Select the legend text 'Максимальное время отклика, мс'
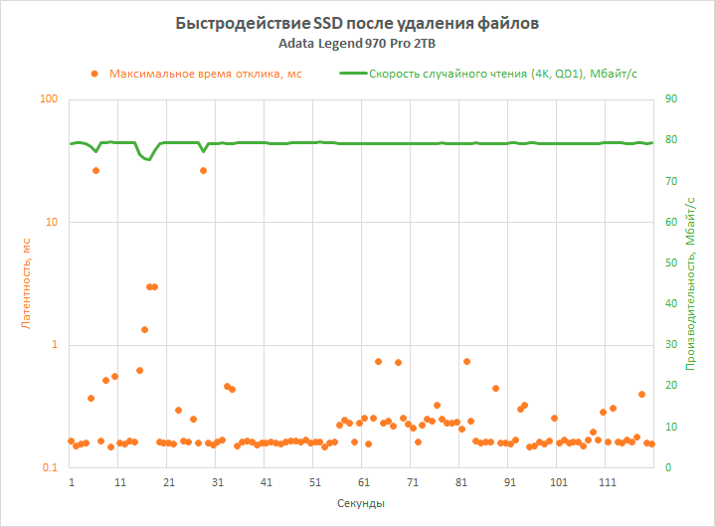point(205,73)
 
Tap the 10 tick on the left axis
point(51,222)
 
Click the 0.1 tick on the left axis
point(49,467)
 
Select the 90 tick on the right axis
point(672,99)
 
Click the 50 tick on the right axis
point(672,263)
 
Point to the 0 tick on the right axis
point(669,467)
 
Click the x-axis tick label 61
point(364,482)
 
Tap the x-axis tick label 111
point(608,482)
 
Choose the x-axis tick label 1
point(71,482)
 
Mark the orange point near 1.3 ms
point(144,329)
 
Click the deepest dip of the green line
point(148,159)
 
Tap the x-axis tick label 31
point(218,482)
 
